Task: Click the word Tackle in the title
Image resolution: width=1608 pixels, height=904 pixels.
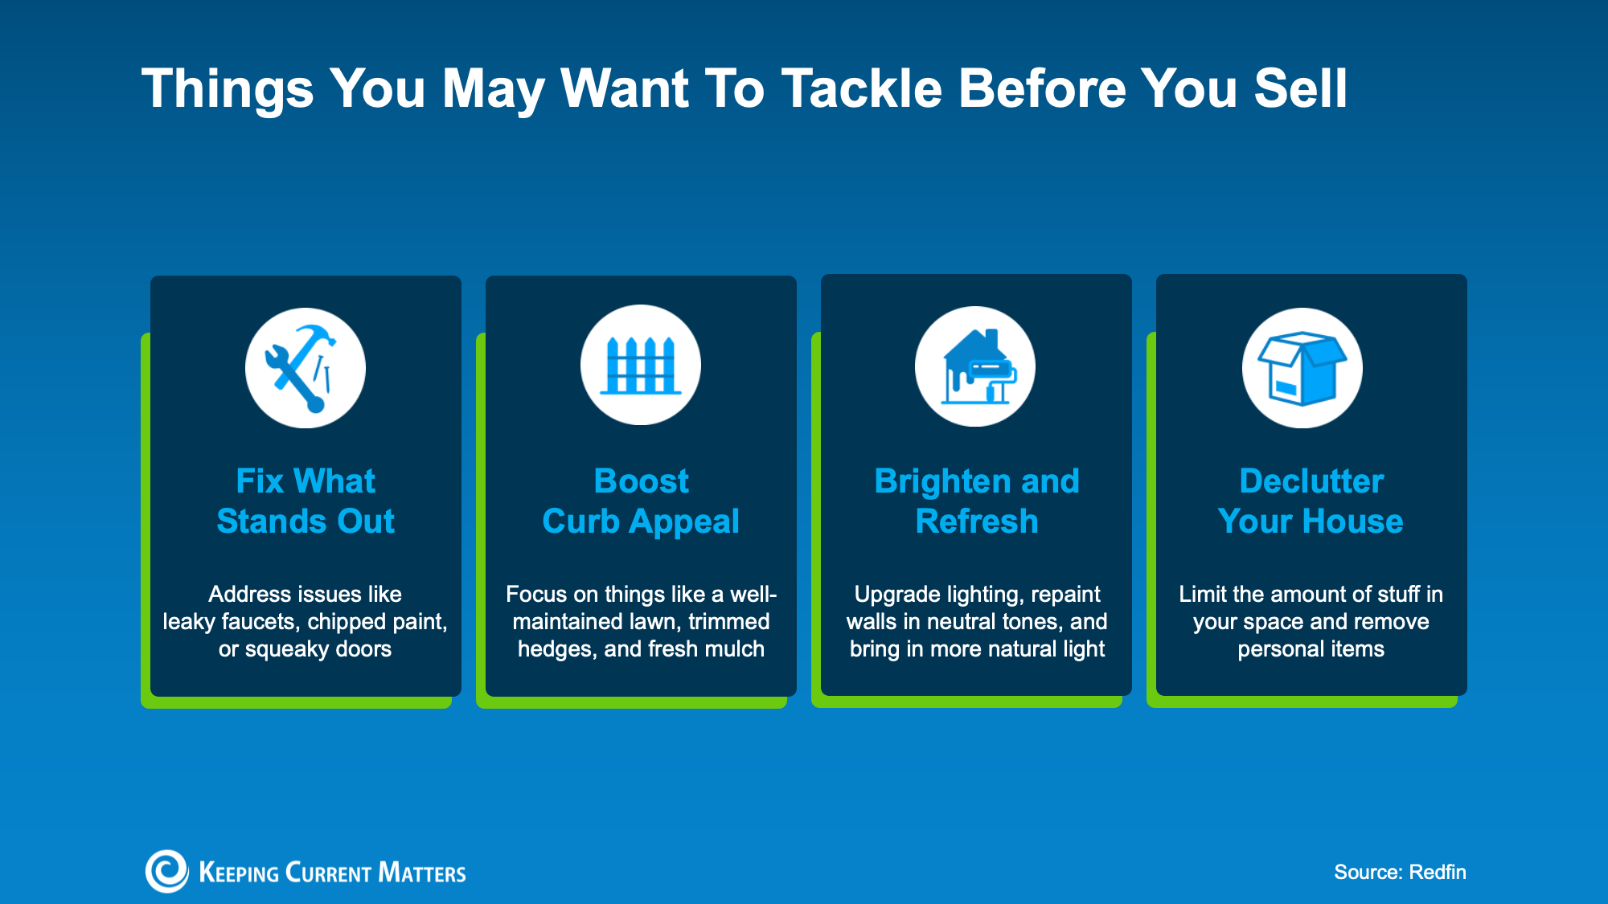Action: coord(861,88)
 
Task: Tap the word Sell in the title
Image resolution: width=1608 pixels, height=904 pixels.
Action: coord(1300,88)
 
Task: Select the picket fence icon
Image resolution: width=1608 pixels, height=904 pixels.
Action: coord(641,365)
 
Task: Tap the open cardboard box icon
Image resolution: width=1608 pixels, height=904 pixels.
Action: coord(1302,368)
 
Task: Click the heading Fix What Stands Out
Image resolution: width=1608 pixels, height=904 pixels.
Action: coord(306,501)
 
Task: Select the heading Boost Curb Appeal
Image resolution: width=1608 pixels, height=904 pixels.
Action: coord(641,501)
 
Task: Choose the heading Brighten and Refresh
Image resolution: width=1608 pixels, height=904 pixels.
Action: coord(977,501)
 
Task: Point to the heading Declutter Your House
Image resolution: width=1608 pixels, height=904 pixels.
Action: coord(1311,501)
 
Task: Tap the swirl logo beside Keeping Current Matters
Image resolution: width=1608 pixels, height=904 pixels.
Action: coord(166,871)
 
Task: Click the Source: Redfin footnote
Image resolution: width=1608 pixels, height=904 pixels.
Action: coord(1400,872)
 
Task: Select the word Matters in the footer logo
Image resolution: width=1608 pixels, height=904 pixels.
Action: coord(422,873)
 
